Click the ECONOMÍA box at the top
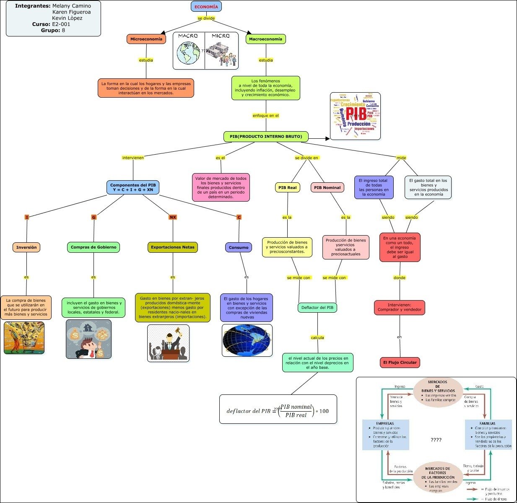tap(206, 7)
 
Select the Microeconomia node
tap(146, 39)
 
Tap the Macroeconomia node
tap(266, 39)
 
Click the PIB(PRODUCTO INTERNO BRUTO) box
tap(266, 136)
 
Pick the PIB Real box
tap(288, 187)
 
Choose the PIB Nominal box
tap(327, 187)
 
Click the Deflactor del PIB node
tap(317, 307)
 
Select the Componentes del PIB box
tap(133, 187)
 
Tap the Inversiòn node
tap(26, 247)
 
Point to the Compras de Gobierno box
tap(94, 247)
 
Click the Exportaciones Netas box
tap(173, 247)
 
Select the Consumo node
tap(239, 247)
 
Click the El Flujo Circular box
tap(400, 362)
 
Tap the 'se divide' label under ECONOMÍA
tap(206, 18)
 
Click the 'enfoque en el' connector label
tap(266, 115)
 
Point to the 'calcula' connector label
tap(317, 337)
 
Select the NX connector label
tap(173, 217)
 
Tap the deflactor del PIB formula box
tap(278, 409)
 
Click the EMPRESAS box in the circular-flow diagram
tap(385, 435)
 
